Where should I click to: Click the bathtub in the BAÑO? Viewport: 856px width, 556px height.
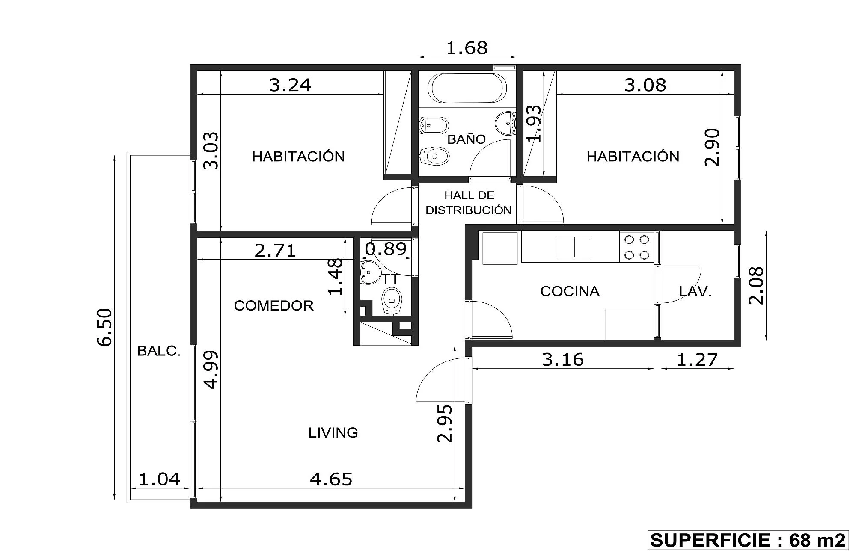click(469, 88)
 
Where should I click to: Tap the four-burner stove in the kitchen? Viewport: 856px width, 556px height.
click(636, 247)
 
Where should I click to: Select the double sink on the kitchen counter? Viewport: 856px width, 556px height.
click(574, 247)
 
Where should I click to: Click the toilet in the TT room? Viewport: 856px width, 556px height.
click(392, 301)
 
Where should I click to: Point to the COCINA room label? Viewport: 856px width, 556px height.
click(570, 291)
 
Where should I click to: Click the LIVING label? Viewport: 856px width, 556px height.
click(333, 432)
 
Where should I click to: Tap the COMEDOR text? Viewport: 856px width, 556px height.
click(274, 305)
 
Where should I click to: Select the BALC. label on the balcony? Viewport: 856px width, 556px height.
click(159, 351)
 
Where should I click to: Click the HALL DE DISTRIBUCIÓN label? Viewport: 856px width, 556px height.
click(469, 203)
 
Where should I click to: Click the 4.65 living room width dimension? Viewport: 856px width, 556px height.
click(331, 479)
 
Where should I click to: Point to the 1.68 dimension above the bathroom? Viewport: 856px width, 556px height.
click(467, 48)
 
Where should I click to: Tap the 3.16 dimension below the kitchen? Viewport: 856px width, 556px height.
click(563, 359)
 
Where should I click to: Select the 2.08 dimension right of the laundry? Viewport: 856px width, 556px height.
click(756, 285)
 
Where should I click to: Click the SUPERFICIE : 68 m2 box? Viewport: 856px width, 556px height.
click(748, 540)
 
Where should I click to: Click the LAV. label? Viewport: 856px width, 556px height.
click(695, 292)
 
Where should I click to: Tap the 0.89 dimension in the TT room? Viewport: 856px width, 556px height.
click(386, 249)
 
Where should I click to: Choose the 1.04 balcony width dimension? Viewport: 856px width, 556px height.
click(160, 479)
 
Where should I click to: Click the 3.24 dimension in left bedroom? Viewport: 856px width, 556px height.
click(290, 85)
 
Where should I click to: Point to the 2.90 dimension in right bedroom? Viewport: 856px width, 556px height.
click(712, 147)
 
